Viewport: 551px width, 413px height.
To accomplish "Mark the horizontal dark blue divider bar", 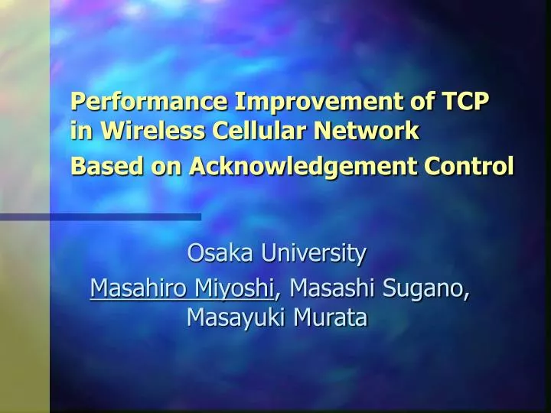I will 100,217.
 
